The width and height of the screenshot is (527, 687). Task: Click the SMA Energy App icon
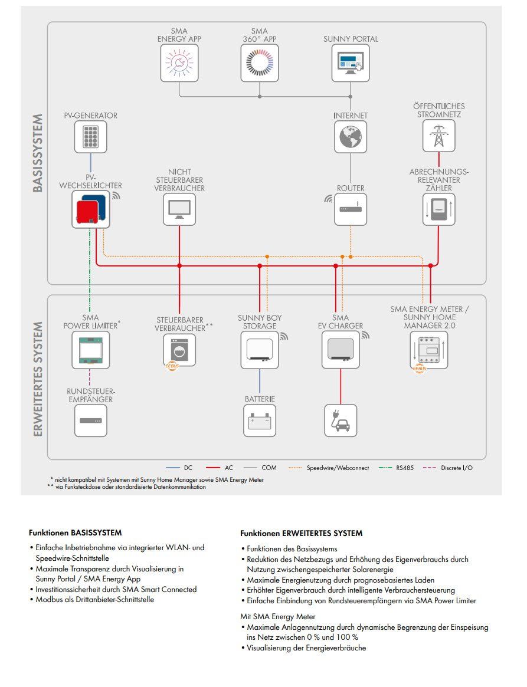179,63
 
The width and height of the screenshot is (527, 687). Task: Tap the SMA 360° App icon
260,63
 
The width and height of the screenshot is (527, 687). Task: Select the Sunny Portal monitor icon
351,63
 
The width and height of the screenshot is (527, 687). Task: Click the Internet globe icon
351,137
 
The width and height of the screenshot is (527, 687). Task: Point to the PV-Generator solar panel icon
90,137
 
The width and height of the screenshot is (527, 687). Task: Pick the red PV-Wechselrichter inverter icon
91,209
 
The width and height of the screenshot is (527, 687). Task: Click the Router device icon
351,209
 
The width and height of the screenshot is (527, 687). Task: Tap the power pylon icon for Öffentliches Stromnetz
439,136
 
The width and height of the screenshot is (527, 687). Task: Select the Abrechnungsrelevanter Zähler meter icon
439,209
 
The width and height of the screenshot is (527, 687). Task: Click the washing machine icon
179,350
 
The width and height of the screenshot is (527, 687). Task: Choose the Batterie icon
260,420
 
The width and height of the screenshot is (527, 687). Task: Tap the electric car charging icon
341,420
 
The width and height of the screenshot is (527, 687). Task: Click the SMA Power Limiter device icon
91,350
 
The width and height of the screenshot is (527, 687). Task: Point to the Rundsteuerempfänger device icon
90,420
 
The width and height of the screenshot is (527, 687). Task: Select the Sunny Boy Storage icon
260,350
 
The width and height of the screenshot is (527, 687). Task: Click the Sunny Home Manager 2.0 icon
429,350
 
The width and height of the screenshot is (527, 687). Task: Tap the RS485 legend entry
397,468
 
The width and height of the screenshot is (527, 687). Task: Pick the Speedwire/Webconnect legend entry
329,468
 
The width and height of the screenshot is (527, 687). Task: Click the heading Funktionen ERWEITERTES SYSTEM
301,533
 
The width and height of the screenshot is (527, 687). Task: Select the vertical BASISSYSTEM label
38,153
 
